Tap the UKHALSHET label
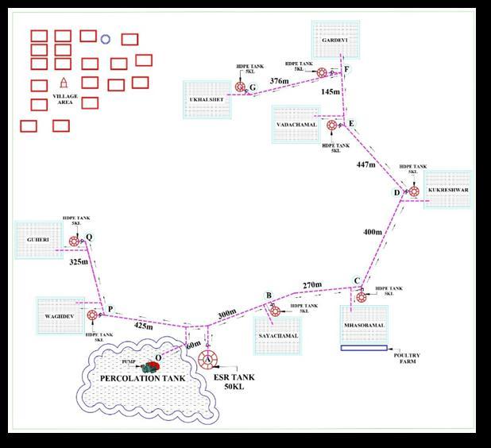point(206,101)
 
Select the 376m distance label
point(280,81)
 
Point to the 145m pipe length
point(331,92)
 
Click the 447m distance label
point(365,164)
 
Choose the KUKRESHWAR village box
point(448,191)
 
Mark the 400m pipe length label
point(373,232)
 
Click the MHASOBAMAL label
point(365,326)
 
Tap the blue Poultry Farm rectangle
point(364,348)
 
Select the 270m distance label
point(312,284)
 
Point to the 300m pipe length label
point(227,314)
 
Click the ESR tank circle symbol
point(208,357)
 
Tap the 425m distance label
point(143,326)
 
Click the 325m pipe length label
point(79,261)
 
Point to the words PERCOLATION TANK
point(142,378)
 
